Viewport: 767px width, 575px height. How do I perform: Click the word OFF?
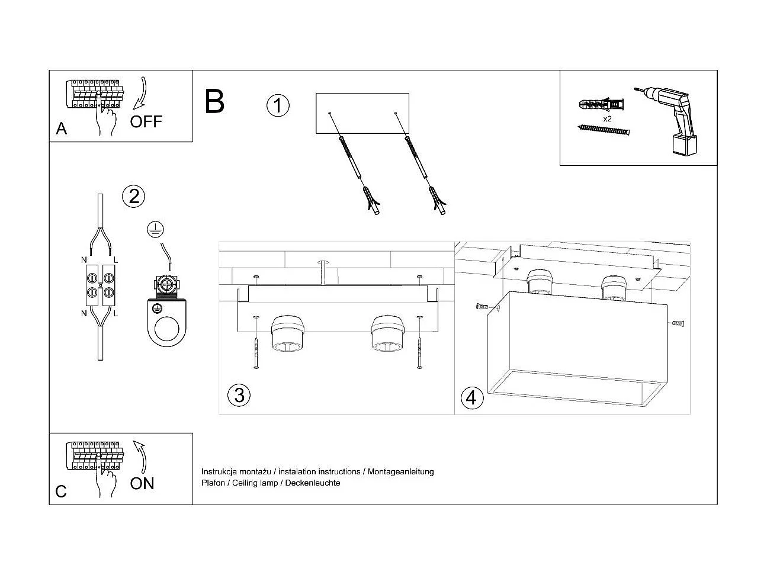[146, 122]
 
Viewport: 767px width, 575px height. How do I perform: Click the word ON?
[142, 483]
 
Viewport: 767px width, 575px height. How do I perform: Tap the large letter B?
[214, 101]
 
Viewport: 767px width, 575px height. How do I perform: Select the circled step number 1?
[278, 105]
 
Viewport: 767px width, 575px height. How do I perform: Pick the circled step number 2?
[134, 196]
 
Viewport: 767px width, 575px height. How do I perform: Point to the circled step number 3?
[239, 395]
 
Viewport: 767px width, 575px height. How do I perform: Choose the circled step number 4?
[471, 397]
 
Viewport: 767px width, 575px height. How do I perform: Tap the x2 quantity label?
[607, 118]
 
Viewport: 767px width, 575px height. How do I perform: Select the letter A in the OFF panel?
[62, 129]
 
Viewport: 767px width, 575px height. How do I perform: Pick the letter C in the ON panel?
[61, 492]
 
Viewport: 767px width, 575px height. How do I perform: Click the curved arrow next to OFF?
[140, 94]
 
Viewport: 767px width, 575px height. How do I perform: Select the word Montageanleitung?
[401, 471]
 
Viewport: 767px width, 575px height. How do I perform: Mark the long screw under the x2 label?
[604, 129]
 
